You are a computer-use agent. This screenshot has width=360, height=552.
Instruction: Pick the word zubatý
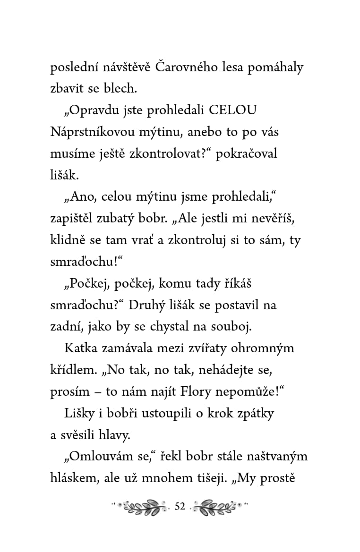(133, 218)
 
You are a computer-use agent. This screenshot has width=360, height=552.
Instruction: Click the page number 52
(180, 507)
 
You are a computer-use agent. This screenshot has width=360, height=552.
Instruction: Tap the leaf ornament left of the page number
(142, 507)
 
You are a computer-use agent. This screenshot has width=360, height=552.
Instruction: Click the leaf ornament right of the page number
(218, 507)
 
